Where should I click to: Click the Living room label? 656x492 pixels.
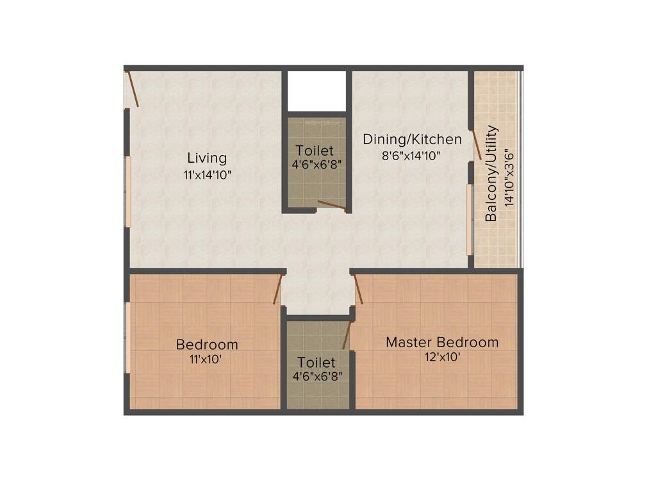(206, 158)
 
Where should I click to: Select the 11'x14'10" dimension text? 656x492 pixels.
(206, 174)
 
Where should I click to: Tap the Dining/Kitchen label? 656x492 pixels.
(412, 139)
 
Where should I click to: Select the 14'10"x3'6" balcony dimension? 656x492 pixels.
(509, 177)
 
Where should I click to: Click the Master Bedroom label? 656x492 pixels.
(441, 342)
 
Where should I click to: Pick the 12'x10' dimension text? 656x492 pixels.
(441, 357)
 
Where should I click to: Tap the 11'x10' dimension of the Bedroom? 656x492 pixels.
(206, 359)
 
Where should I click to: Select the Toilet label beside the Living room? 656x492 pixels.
(314, 151)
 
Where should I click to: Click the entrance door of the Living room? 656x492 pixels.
(133, 88)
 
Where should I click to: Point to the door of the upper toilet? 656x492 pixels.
(331, 206)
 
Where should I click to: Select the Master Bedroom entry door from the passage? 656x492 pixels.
(358, 289)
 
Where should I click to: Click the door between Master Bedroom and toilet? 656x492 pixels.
(347, 334)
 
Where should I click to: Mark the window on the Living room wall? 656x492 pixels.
(127, 191)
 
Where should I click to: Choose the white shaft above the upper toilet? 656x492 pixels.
(316, 92)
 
